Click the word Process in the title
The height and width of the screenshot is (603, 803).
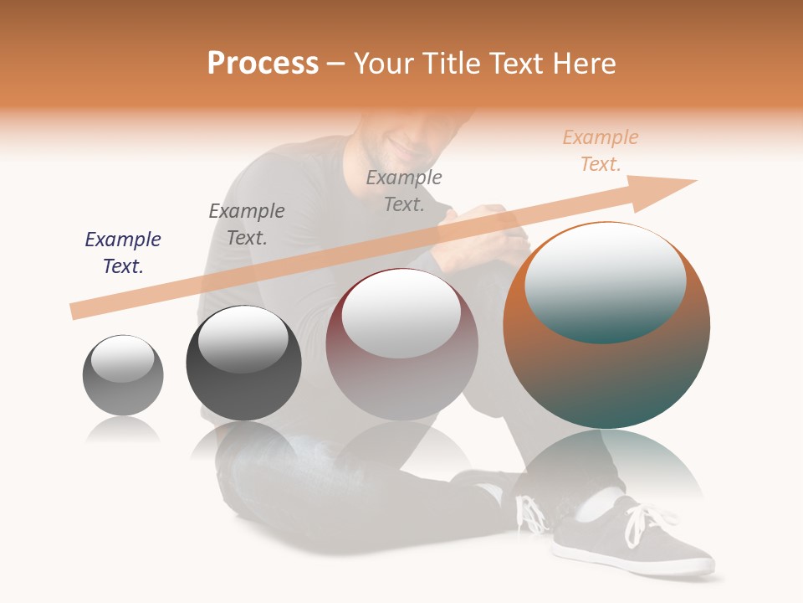[x=263, y=63]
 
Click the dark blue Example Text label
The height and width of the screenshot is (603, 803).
[x=123, y=253]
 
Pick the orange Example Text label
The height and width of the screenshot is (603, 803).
[x=600, y=151]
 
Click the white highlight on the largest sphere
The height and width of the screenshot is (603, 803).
[x=605, y=281]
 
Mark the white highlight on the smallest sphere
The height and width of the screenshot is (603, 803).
[x=122, y=358]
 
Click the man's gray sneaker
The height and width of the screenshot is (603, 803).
[x=636, y=536]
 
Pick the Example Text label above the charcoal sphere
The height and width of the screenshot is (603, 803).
[x=247, y=224]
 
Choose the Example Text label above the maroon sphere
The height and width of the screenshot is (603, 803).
[x=404, y=190]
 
